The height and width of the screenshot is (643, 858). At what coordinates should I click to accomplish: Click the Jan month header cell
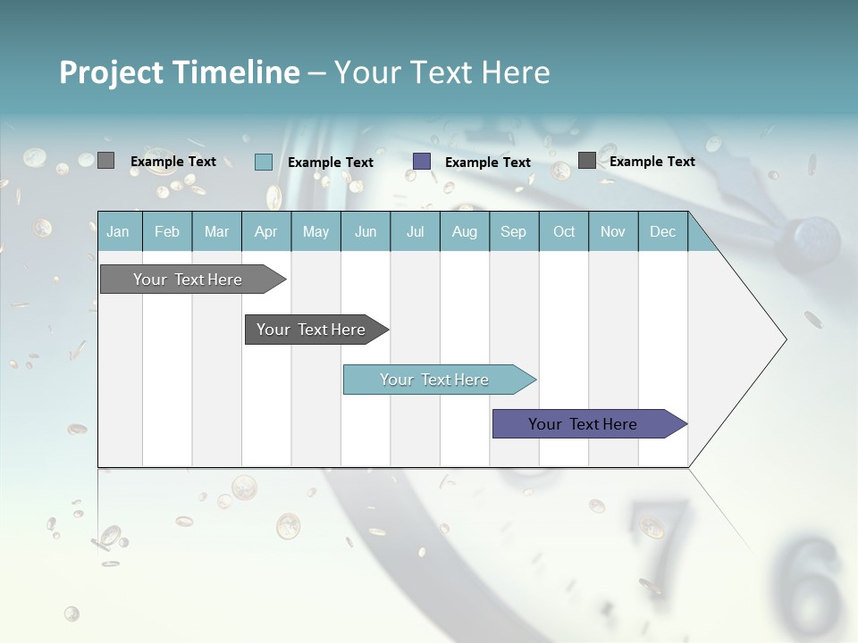point(119,231)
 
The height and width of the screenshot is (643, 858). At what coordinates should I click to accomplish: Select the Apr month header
point(266,231)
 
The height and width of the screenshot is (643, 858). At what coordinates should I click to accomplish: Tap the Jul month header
point(415,231)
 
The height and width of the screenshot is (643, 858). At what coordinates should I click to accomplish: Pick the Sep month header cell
point(513,231)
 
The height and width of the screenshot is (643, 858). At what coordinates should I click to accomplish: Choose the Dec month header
point(662,231)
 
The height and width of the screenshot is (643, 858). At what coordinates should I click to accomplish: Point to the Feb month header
point(167,231)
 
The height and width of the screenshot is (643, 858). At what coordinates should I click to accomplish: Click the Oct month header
point(564,231)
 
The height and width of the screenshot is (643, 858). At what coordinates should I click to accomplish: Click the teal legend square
point(264,162)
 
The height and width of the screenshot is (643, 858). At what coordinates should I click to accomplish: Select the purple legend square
point(422,162)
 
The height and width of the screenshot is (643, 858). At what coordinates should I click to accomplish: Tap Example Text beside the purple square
point(488,163)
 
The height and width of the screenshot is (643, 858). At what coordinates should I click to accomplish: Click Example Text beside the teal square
point(331,163)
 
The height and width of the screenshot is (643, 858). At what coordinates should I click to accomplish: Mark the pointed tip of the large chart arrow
point(785,339)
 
